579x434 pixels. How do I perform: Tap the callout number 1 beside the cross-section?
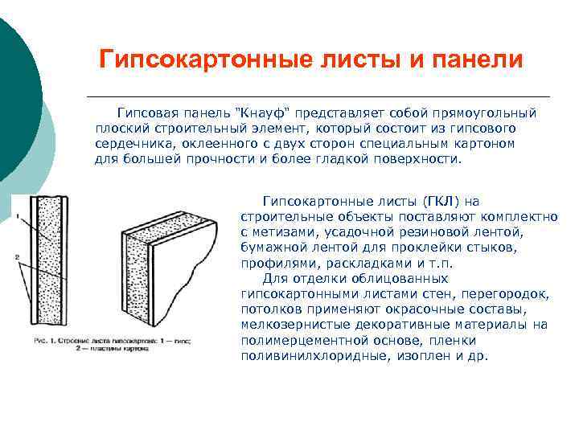[16, 217]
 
